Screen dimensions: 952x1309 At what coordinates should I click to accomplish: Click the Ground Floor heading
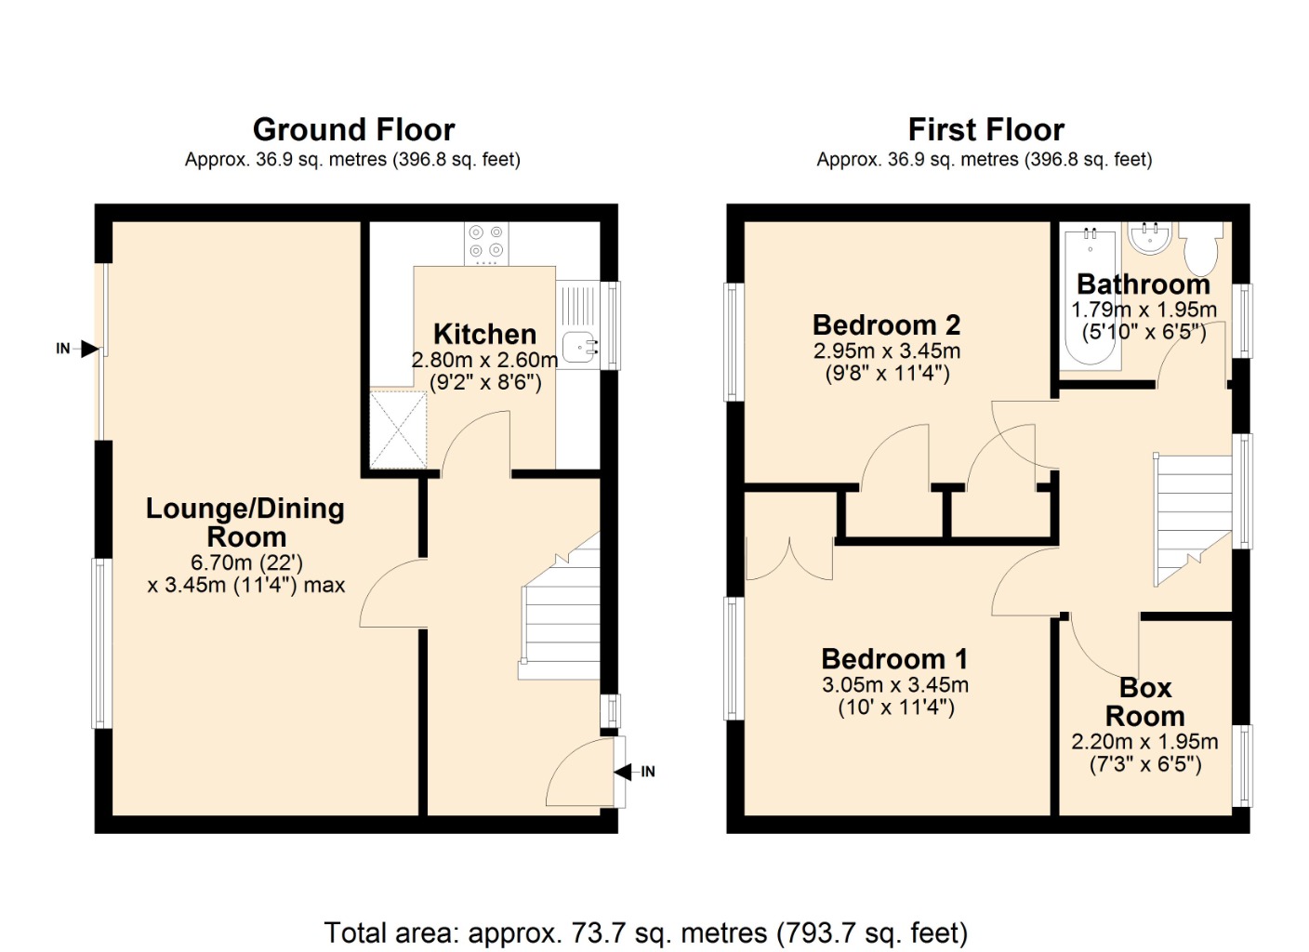(x=353, y=129)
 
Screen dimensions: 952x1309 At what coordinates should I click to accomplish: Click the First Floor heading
(x=985, y=129)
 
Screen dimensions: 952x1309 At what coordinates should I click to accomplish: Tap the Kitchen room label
(x=484, y=334)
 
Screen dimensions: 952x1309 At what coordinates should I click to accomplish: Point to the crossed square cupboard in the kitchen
(x=398, y=430)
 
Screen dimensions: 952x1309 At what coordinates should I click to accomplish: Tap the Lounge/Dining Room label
(x=245, y=522)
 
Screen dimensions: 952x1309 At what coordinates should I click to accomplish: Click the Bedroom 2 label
(x=886, y=324)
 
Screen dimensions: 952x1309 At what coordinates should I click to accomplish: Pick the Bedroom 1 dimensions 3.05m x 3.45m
(x=894, y=685)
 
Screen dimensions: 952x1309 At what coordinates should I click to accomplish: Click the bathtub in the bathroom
(x=1091, y=297)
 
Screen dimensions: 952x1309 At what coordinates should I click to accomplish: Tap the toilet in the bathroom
(x=1200, y=245)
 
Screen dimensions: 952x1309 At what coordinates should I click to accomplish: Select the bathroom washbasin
(x=1150, y=238)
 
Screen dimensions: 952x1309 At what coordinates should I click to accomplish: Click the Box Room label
(x=1144, y=702)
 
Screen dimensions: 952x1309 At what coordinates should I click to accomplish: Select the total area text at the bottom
(x=645, y=932)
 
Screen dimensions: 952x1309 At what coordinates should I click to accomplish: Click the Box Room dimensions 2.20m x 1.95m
(x=1144, y=742)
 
